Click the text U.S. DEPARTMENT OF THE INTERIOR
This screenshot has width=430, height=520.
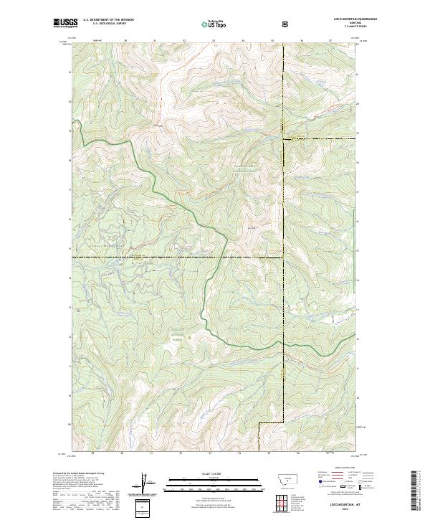tap(108, 20)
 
